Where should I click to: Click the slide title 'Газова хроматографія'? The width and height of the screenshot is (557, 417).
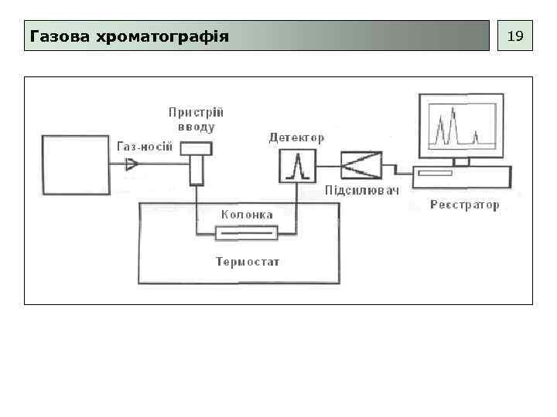click(128, 36)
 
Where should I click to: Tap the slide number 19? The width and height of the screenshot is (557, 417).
click(514, 36)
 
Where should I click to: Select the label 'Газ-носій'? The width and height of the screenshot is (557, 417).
click(144, 147)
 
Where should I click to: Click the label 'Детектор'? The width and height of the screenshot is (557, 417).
click(296, 137)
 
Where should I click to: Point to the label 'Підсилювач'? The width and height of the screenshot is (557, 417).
click(362, 191)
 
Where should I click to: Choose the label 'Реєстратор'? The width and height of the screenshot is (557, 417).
click(464, 205)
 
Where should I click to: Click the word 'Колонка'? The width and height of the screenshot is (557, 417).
click(247, 215)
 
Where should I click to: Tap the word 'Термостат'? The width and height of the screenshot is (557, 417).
click(248, 262)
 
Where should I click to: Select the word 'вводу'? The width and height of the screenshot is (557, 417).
click(196, 127)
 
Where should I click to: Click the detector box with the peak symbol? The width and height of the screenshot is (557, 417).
click(298, 165)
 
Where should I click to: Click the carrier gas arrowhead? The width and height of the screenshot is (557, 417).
click(132, 164)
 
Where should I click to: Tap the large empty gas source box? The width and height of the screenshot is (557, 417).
click(76, 164)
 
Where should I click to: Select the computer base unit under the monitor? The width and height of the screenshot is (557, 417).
click(461, 177)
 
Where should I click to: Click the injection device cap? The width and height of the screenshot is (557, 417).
click(196, 147)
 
